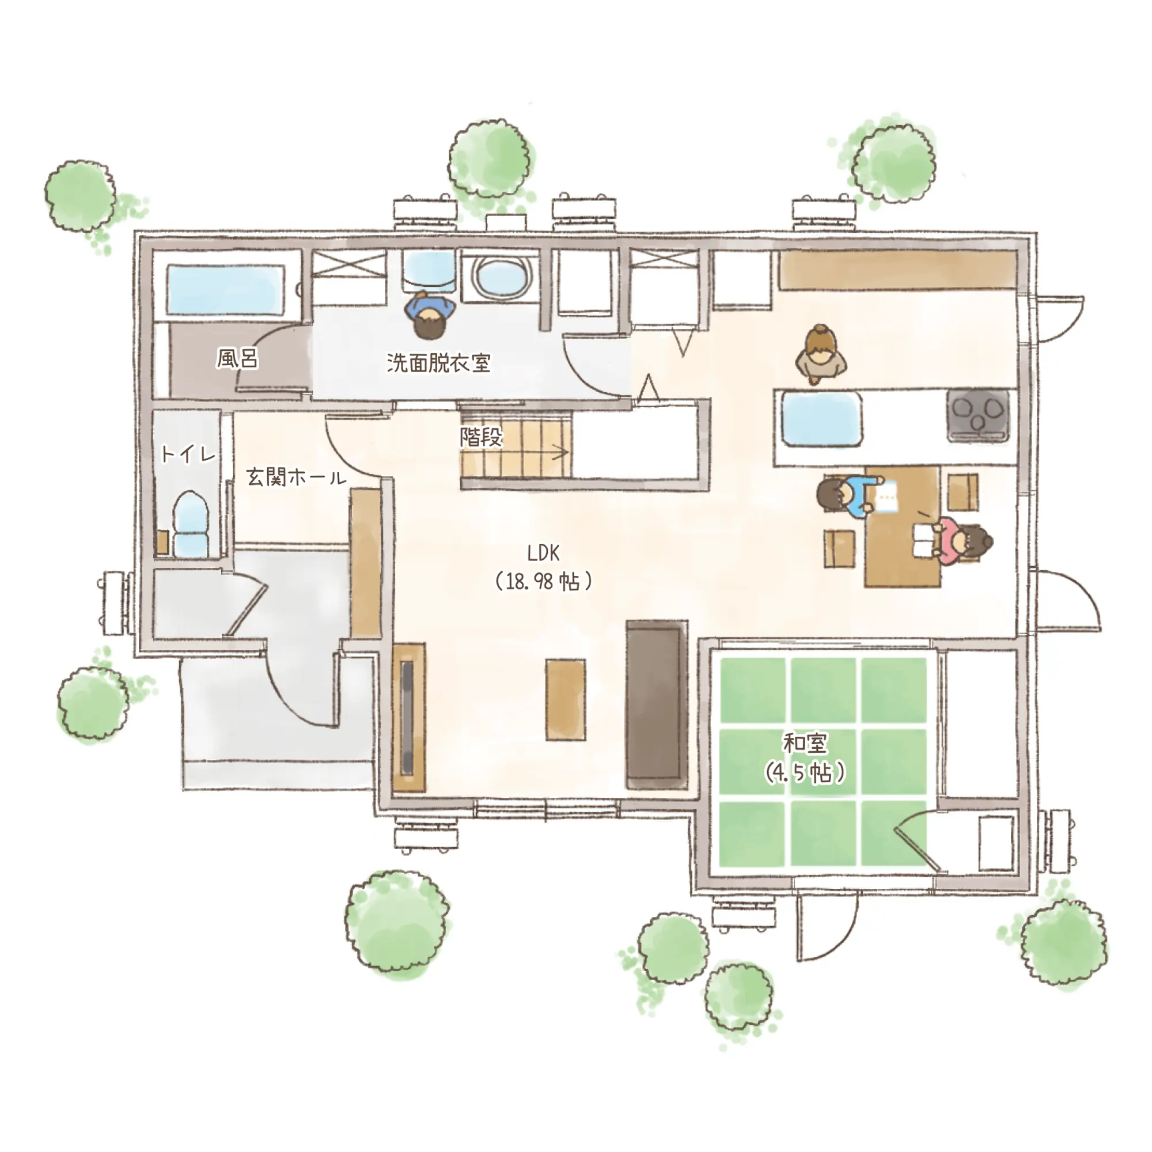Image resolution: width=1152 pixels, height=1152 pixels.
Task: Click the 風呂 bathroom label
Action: click(237, 359)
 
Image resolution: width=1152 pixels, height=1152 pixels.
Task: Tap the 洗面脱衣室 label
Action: click(438, 362)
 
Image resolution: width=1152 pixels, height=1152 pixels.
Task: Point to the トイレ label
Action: click(188, 454)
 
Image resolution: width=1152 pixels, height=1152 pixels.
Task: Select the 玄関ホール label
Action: click(296, 477)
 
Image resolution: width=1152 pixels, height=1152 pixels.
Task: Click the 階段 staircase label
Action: click(481, 437)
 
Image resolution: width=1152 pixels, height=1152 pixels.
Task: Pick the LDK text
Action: click(543, 554)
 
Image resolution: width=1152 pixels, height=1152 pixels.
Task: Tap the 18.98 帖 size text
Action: click(543, 581)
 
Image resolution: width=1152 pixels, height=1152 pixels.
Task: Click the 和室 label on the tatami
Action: click(805, 744)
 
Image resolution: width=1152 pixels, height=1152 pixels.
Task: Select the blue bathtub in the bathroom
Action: click(225, 290)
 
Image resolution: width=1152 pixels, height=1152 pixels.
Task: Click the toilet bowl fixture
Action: click(191, 523)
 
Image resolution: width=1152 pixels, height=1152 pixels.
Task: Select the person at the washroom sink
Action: click(428, 315)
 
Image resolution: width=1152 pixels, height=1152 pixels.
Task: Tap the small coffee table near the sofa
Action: click(565, 699)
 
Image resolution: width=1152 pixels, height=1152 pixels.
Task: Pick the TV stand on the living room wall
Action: click(409, 717)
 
